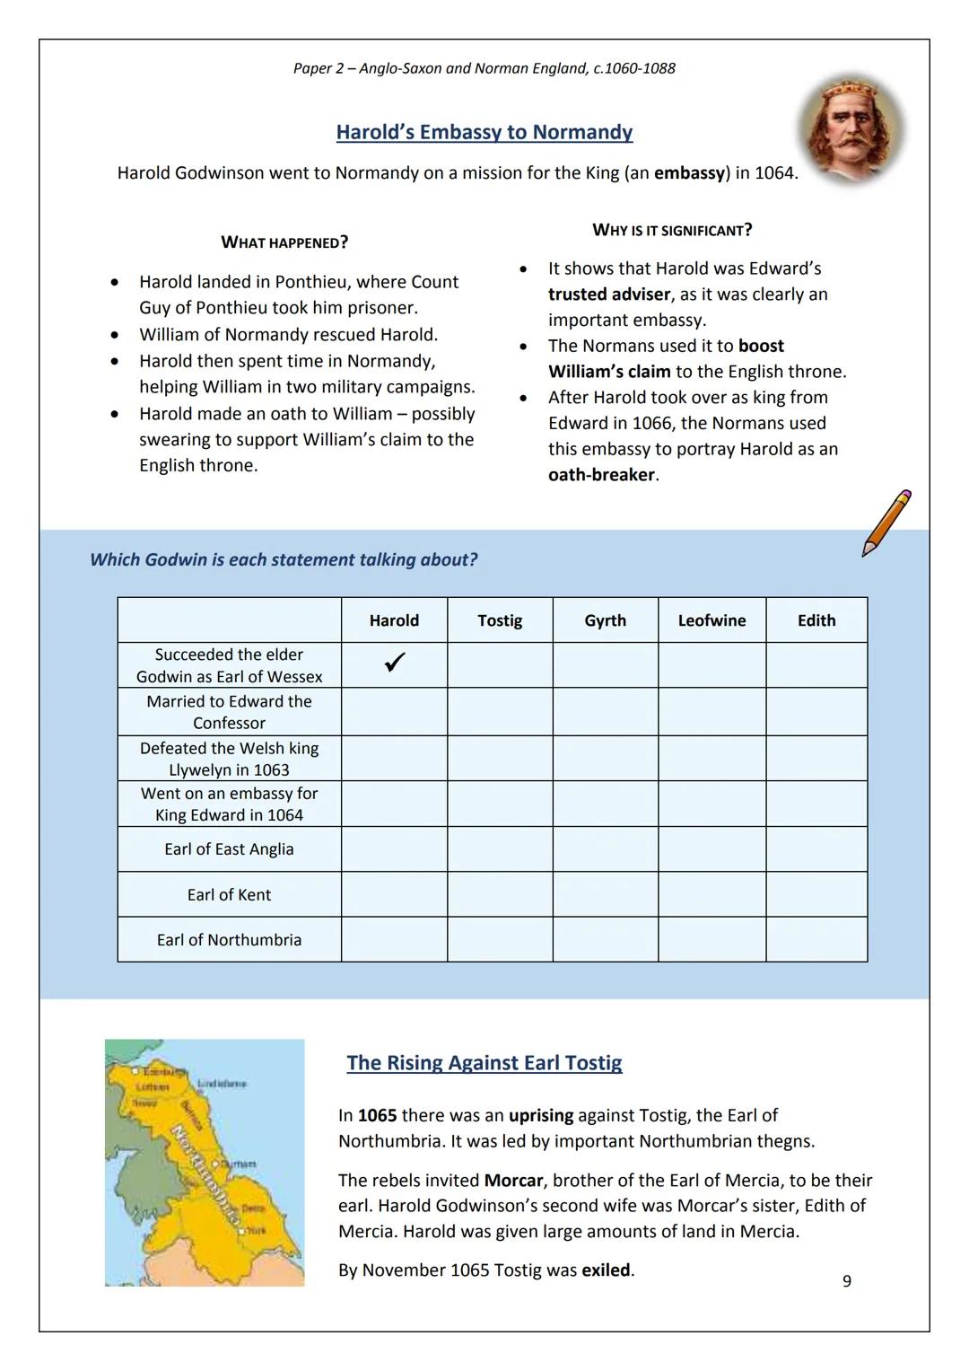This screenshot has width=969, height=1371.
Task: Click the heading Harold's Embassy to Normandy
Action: (484, 132)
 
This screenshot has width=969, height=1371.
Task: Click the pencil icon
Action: (885, 523)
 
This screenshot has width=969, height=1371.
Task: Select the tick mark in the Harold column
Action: (394, 663)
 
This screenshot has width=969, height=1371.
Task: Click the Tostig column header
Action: (500, 620)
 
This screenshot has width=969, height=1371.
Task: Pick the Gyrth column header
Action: (605, 620)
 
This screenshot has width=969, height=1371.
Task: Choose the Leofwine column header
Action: (711, 620)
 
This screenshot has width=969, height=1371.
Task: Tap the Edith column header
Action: (816, 620)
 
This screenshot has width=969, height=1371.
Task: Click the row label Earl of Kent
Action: (229, 894)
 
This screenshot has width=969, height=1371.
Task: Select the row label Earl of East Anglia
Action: (229, 848)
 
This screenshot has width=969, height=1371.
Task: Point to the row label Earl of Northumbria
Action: (229, 939)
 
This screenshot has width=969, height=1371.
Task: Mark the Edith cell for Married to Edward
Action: (816, 712)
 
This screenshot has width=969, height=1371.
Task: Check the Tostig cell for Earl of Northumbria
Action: (500, 939)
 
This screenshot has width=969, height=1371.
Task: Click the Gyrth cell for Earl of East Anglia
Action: (605, 848)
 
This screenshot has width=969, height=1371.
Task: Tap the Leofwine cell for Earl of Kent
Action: (711, 894)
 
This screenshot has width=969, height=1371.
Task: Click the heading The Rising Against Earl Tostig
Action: (484, 1063)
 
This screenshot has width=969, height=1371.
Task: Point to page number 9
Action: (847, 1281)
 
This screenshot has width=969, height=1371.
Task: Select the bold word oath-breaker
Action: (602, 475)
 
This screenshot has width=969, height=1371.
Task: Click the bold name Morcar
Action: (513, 1180)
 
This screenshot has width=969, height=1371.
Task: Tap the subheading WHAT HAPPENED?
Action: (284, 242)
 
